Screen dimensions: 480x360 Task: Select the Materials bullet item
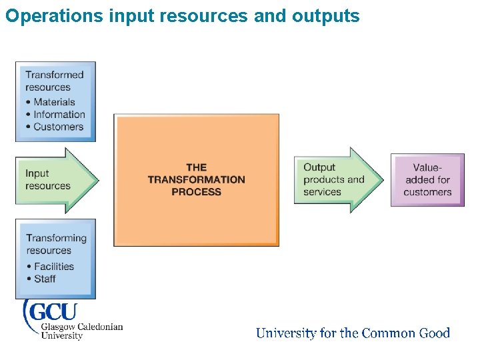(x=54, y=102)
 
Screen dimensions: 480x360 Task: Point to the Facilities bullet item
(x=54, y=266)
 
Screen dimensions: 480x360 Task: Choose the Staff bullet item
(x=45, y=278)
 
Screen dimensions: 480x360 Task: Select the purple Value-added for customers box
(x=427, y=180)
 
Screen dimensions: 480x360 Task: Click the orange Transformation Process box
(x=196, y=213)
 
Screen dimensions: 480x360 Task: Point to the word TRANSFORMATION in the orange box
(x=196, y=179)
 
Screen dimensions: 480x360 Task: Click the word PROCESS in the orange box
(x=196, y=192)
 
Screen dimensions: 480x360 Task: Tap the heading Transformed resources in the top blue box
(x=55, y=81)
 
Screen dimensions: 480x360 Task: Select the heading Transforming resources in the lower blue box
(x=56, y=244)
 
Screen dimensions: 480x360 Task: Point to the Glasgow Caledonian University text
(x=81, y=331)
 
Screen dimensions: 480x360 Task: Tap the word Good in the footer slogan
(x=435, y=333)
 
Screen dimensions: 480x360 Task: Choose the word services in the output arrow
(x=322, y=192)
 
